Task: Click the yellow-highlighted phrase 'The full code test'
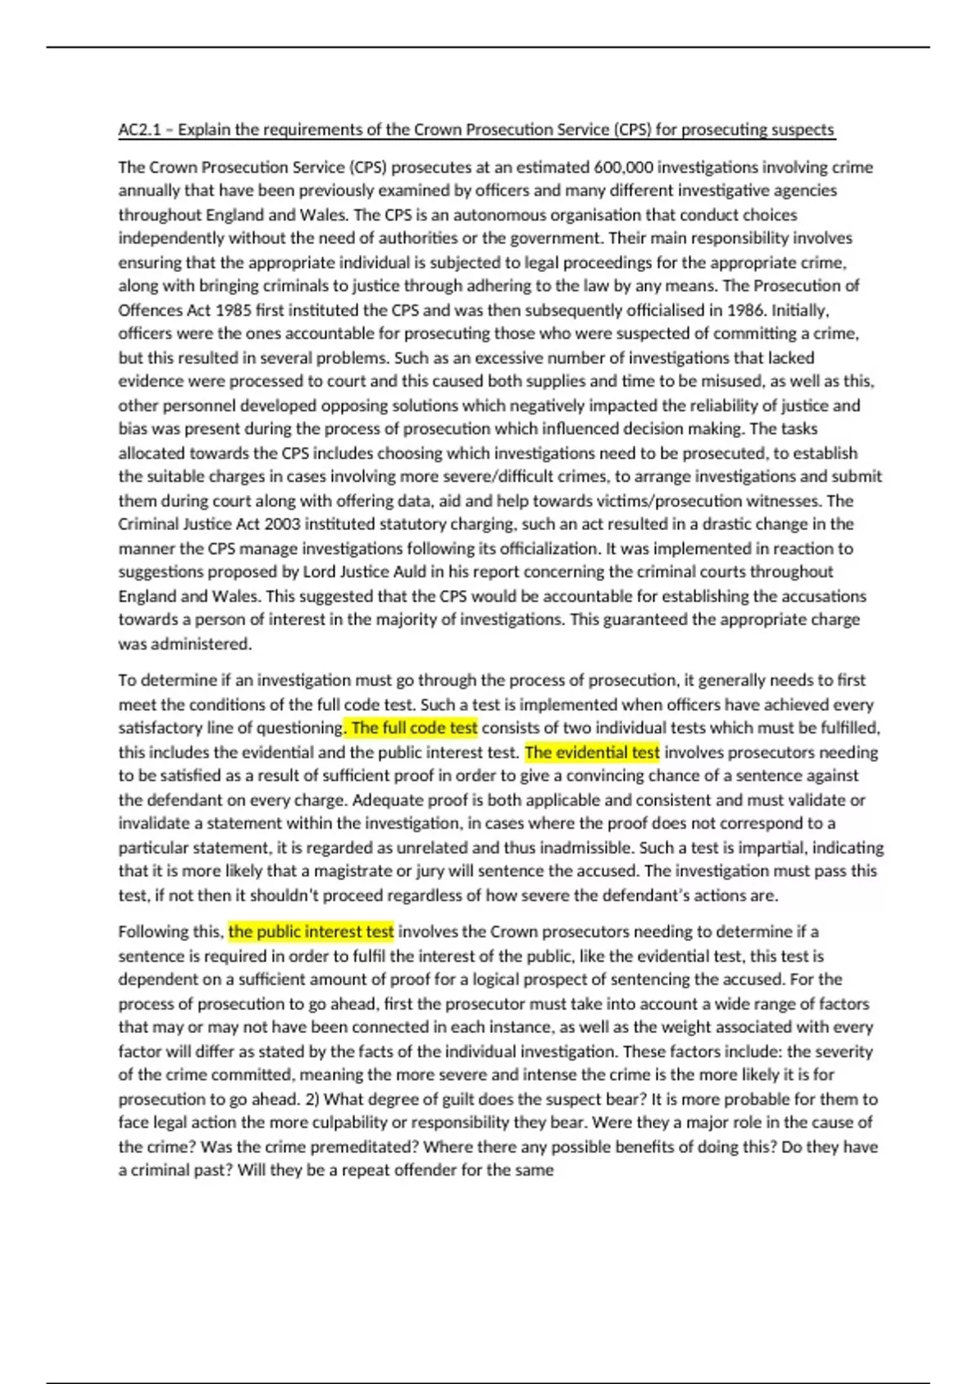pyautogui.click(x=414, y=728)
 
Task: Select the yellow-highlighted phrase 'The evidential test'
pyautogui.click(x=592, y=752)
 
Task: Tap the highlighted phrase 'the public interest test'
pyautogui.click(x=311, y=931)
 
